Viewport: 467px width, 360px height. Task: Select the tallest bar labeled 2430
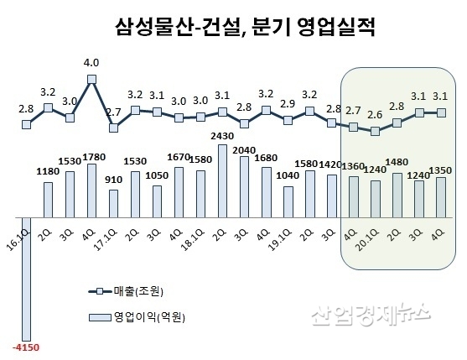click(x=222, y=177)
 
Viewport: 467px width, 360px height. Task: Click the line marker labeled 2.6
click(x=375, y=131)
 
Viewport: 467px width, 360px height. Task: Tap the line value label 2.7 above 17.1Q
click(x=113, y=110)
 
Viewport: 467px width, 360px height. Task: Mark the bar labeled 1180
click(x=49, y=195)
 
